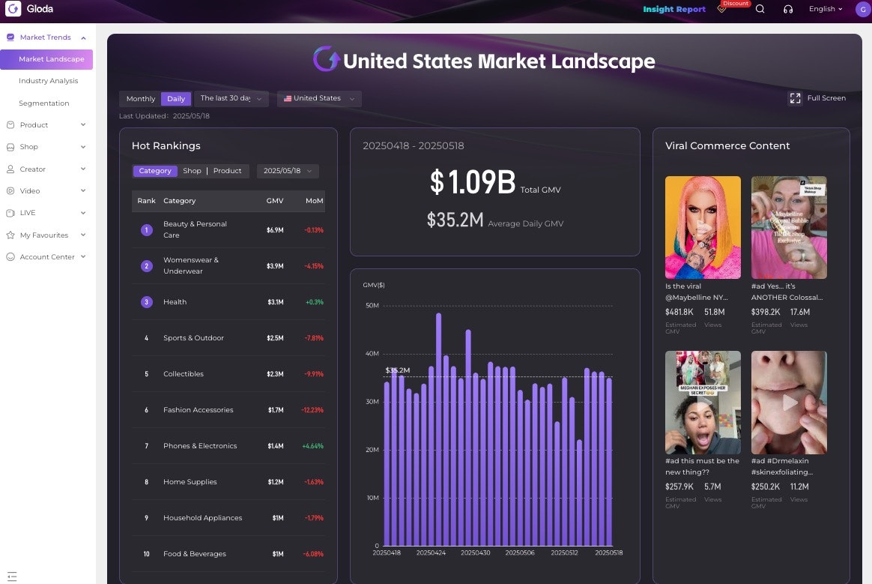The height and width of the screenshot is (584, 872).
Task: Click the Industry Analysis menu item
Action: (48, 81)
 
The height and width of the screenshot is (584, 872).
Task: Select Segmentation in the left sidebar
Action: (43, 103)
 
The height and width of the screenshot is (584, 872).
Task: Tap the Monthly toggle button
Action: (141, 99)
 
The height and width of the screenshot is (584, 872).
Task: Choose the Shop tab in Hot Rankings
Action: (192, 171)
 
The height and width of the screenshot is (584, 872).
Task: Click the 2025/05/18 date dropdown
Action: (288, 171)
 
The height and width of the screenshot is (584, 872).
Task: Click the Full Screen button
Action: (817, 98)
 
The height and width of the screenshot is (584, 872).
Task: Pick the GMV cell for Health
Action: (275, 302)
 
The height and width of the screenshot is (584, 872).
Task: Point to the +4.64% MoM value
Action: (313, 446)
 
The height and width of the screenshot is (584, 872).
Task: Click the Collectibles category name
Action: (184, 374)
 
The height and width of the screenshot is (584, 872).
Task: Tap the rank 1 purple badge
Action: (147, 230)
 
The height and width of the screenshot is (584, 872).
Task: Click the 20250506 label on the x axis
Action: (520, 553)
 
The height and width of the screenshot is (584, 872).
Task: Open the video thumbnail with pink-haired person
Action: (703, 227)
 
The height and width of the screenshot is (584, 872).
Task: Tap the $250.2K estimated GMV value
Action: (766, 487)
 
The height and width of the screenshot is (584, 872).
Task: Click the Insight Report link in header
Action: (674, 10)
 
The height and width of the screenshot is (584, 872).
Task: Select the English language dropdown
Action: (826, 9)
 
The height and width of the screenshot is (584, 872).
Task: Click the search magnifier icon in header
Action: (760, 9)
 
